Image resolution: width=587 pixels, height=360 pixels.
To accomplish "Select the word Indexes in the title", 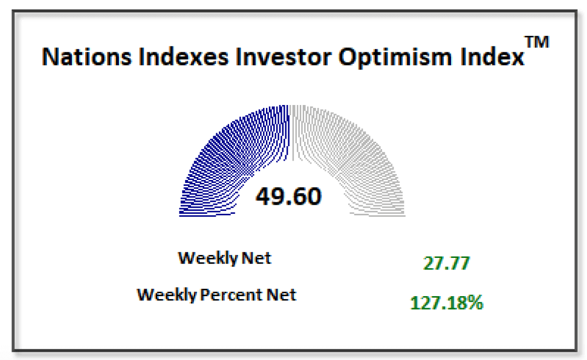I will [179, 57].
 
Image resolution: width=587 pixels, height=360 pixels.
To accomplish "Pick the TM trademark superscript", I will [537, 42].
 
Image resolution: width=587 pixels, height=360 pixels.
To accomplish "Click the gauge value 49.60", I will [289, 196].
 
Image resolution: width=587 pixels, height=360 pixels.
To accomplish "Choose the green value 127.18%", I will [446, 303].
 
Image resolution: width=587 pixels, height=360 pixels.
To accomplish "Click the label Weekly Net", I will [225, 258].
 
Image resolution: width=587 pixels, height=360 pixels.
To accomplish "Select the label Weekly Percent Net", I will [217, 294].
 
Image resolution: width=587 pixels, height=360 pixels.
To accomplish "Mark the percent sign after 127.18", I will [475, 303].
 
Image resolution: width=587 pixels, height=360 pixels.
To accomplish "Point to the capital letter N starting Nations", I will [50, 57].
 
